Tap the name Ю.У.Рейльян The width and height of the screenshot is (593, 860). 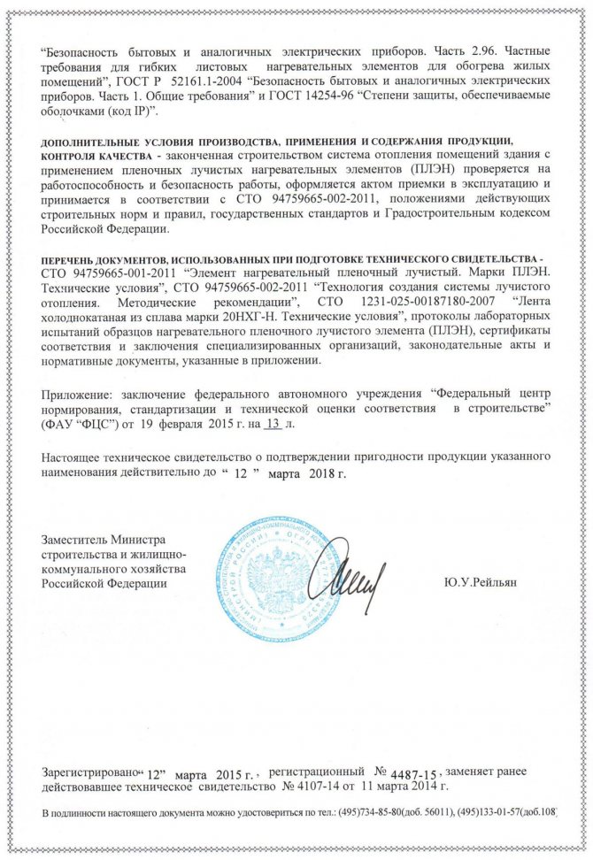481,582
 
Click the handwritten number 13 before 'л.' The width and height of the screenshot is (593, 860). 273,426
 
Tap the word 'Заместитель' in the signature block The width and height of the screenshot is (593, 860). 76,540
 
